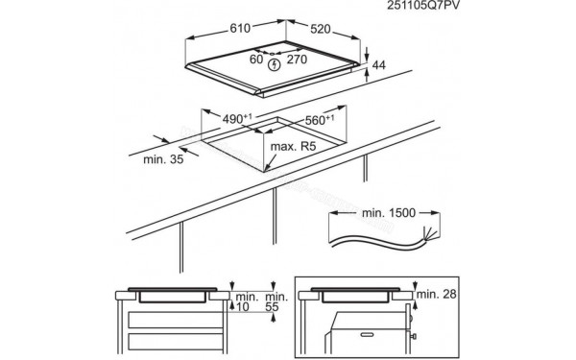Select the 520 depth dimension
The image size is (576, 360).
point(330,31)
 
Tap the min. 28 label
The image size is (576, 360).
point(439,293)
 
